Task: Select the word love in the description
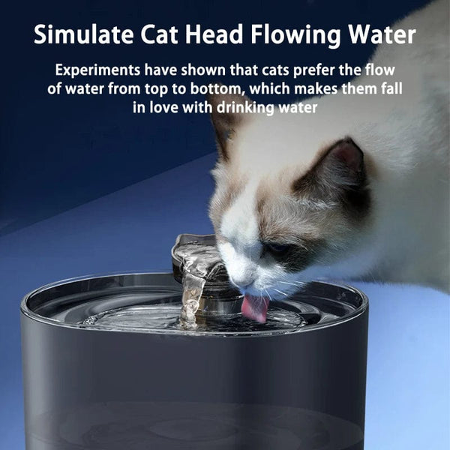tap(172, 108)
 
